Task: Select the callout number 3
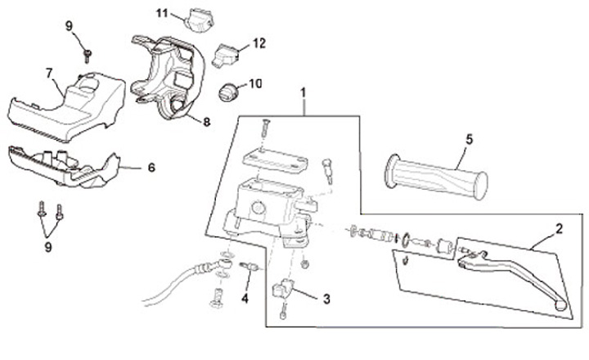coord(326,299)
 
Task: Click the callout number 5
coord(469,139)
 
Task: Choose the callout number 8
coord(206,121)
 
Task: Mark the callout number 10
coord(254,83)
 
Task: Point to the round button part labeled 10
coord(228,92)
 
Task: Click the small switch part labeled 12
coord(225,56)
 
